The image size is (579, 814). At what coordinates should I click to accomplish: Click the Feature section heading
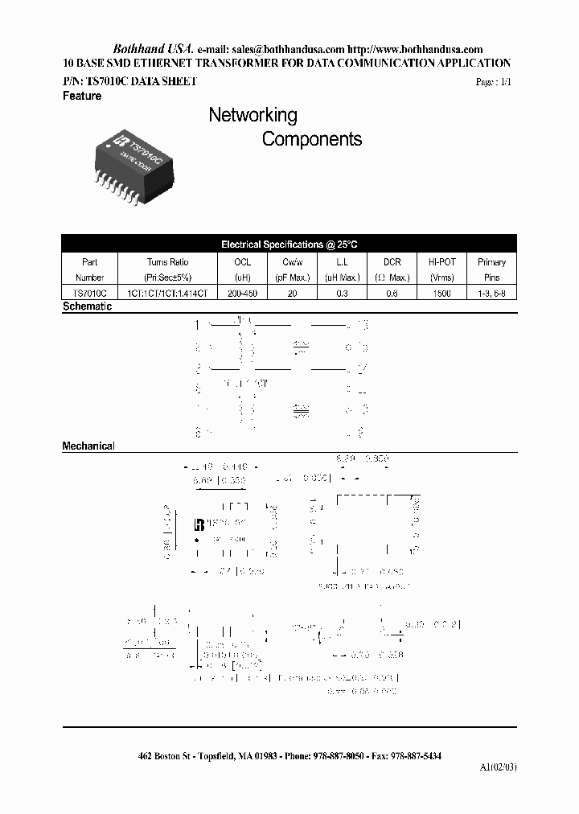pyautogui.click(x=82, y=96)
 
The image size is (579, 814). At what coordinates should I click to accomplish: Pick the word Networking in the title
pyautogui.click(x=253, y=115)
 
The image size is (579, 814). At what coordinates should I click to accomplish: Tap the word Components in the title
pyautogui.click(x=312, y=139)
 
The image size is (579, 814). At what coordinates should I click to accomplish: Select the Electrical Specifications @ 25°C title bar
pyautogui.click(x=288, y=244)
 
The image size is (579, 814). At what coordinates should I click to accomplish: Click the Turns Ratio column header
pyautogui.click(x=168, y=262)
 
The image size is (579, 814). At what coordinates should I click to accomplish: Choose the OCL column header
pyautogui.click(x=242, y=262)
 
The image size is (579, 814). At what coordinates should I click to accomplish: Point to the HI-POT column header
pyautogui.click(x=441, y=262)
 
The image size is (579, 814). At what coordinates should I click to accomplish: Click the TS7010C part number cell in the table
pyautogui.click(x=89, y=294)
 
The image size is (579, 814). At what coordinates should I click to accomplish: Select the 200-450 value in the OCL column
pyautogui.click(x=242, y=294)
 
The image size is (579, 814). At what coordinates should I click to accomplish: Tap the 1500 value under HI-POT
pyautogui.click(x=441, y=294)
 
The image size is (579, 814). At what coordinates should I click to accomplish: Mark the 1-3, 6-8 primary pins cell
pyautogui.click(x=491, y=294)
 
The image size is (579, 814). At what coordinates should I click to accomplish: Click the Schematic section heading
pyautogui.click(x=87, y=307)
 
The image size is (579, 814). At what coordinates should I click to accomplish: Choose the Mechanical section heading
pyautogui.click(x=88, y=446)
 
